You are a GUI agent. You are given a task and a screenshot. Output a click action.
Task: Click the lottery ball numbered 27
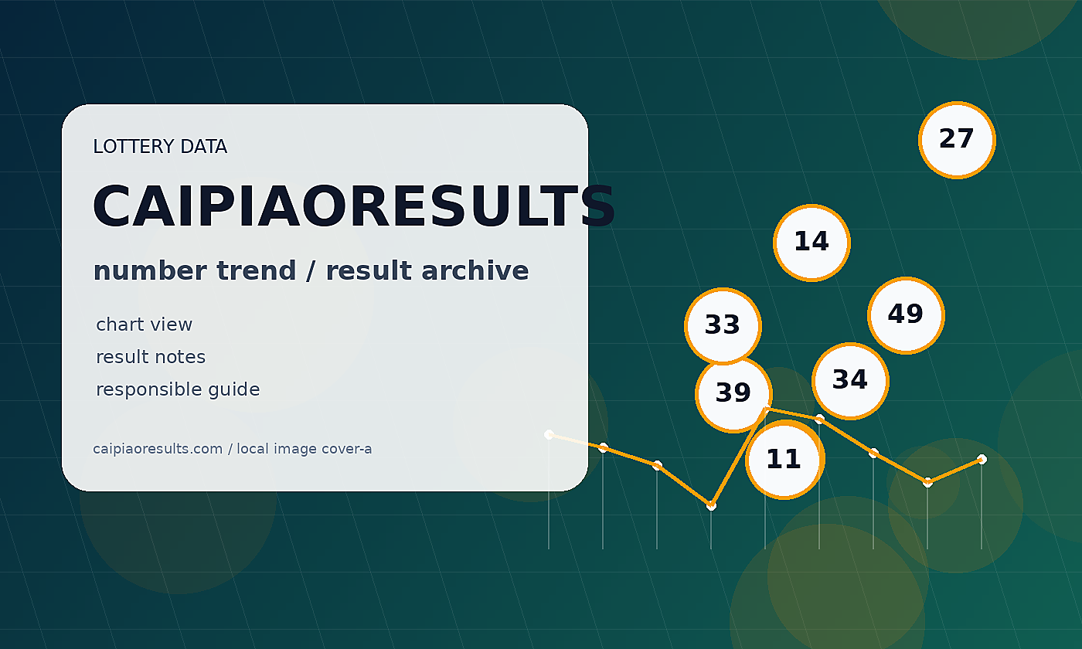click(957, 140)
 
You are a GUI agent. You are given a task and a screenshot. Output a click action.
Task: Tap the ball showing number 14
click(812, 243)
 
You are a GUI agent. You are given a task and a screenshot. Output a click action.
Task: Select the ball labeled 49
click(906, 315)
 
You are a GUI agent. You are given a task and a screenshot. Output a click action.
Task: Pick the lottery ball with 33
click(723, 326)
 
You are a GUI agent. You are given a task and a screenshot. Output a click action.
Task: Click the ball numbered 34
click(851, 381)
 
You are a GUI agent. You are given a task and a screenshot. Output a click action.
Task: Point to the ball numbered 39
click(733, 394)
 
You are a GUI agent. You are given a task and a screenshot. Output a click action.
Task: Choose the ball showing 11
click(784, 459)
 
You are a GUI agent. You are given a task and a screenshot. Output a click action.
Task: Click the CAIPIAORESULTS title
click(354, 206)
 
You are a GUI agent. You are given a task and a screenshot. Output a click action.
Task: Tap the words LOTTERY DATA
click(160, 146)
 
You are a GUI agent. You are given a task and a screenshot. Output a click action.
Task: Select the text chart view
click(144, 324)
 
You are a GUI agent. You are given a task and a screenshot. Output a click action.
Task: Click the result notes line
click(151, 357)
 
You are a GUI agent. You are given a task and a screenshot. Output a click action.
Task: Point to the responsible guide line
click(178, 389)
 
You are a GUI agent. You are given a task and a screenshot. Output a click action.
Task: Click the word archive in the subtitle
click(475, 270)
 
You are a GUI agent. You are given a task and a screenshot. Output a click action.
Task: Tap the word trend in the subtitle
click(256, 270)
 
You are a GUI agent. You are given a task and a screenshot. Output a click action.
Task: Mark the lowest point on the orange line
click(711, 505)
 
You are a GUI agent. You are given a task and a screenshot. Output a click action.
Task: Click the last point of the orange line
click(982, 459)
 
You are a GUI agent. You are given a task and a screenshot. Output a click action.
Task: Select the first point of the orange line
click(549, 434)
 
